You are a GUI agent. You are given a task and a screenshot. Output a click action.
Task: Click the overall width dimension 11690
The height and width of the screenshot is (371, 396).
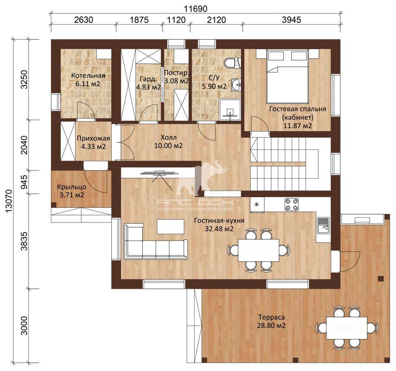pyautogui.click(x=195, y=9)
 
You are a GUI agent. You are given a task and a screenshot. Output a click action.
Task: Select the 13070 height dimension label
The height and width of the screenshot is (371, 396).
pyautogui.click(x=8, y=202)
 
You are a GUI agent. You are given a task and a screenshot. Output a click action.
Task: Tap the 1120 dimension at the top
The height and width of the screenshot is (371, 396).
pyautogui.click(x=176, y=20)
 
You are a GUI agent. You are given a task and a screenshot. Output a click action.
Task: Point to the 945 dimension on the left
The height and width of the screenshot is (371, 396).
pyautogui.click(x=25, y=182)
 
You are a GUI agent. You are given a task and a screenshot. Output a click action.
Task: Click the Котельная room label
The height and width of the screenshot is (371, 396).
pyautogui.click(x=88, y=76)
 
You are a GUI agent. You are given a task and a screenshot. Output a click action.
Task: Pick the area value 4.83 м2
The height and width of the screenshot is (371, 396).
pyautogui.click(x=148, y=87)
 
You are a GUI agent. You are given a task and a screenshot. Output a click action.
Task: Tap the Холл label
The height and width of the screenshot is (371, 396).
pyautogui.click(x=169, y=138)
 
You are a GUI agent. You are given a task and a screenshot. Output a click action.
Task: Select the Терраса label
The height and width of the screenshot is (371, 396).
pyautogui.click(x=271, y=317)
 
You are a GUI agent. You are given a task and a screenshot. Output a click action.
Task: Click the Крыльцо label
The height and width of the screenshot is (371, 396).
pyautogui.click(x=72, y=187)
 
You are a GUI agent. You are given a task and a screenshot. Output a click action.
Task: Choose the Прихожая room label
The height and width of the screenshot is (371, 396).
pyautogui.click(x=93, y=138)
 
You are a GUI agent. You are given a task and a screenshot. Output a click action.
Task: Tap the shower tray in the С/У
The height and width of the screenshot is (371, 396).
pyautogui.click(x=230, y=109)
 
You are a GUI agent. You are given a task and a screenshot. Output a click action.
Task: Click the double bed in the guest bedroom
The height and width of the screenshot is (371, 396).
pyautogui.click(x=287, y=76)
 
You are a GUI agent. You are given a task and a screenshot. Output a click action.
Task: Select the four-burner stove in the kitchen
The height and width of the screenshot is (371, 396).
pyautogui.click(x=292, y=204)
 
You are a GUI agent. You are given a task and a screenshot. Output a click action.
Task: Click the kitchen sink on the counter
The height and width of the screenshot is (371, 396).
pyautogui.click(x=323, y=225)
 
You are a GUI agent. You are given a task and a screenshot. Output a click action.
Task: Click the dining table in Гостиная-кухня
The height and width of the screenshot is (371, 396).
pyautogui.click(x=258, y=250)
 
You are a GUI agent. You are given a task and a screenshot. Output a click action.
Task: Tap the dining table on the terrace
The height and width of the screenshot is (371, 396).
pyautogui.click(x=347, y=328)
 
